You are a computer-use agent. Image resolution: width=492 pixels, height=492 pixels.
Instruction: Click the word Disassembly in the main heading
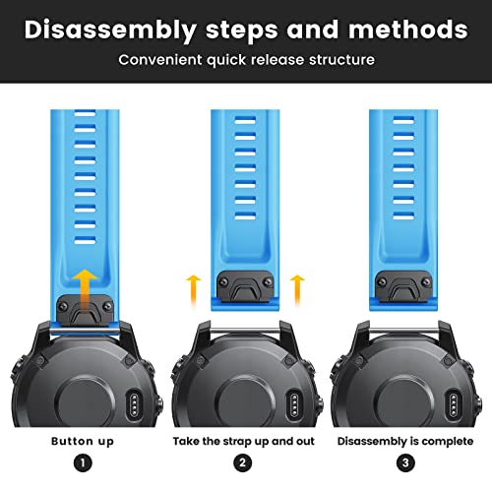(110, 31)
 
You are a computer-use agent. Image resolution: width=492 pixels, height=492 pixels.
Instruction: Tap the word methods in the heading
(408, 30)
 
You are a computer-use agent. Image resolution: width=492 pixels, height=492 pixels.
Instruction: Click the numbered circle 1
(83, 462)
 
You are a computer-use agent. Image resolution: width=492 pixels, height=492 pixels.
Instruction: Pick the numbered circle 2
(243, 462)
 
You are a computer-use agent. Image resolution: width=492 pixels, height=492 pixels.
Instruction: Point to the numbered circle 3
(405, 462)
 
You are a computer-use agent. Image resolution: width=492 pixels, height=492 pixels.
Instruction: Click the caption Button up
(83, 442)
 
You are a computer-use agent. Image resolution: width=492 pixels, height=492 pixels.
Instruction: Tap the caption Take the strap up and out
(244, 441)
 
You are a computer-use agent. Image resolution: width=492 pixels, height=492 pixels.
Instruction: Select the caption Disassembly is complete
(405, 441)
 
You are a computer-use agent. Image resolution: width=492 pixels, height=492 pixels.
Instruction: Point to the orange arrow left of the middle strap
(193, 290)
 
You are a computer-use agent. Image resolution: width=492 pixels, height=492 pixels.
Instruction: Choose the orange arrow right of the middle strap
(297, 290)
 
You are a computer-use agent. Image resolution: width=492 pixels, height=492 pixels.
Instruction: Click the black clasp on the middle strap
(245, 286)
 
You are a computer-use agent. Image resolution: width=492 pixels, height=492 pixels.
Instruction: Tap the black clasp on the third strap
(403, 286)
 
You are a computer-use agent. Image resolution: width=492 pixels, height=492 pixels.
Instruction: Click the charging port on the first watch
(134, 403)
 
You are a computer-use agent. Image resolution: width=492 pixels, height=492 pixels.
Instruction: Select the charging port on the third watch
(454, 403)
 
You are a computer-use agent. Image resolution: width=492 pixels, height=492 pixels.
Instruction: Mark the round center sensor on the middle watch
(243, 402)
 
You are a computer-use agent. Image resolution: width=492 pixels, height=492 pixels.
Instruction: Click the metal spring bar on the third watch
(404, 331)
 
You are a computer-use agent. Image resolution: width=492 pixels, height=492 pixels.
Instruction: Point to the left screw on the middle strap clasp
(224, 281)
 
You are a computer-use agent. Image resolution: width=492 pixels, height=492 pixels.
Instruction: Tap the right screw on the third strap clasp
(426, 281)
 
